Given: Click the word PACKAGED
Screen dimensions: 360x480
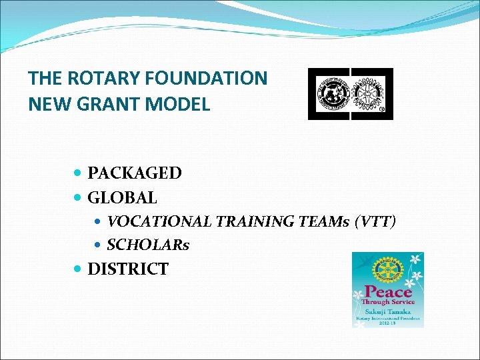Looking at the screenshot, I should [135, 173].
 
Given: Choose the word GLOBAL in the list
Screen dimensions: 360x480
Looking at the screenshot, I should [123, 198].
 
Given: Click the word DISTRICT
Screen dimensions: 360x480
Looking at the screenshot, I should [128, 269].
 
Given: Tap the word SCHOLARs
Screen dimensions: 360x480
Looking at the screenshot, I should [148, 245].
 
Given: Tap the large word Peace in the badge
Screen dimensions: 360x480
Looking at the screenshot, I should [387, 291].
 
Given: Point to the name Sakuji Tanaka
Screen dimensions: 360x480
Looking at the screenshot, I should [387, 311].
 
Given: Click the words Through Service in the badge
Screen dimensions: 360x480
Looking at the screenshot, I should [387, 302].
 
